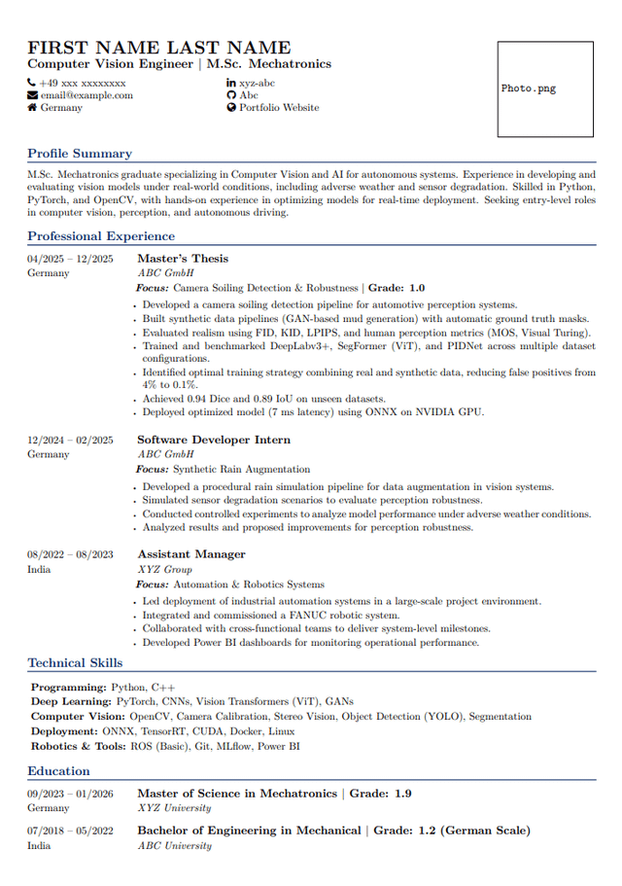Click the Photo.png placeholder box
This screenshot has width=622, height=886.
545,89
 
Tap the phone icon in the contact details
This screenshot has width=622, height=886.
32,83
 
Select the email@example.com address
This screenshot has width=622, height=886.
86,95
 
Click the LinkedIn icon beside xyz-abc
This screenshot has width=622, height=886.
231,83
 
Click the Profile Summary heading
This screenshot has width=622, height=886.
80,154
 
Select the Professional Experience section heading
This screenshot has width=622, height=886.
101,236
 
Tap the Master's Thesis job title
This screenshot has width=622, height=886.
183,259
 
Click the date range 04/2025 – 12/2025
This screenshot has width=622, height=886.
70,259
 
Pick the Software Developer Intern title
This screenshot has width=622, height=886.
214,441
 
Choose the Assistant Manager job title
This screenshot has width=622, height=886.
191,554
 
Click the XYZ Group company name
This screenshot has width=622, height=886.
164,569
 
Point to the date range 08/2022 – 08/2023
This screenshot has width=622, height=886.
70,555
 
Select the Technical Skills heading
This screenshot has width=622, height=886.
75,663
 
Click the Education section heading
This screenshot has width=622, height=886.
58,771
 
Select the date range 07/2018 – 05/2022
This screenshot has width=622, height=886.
70,832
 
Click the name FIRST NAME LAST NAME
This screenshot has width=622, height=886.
158,48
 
